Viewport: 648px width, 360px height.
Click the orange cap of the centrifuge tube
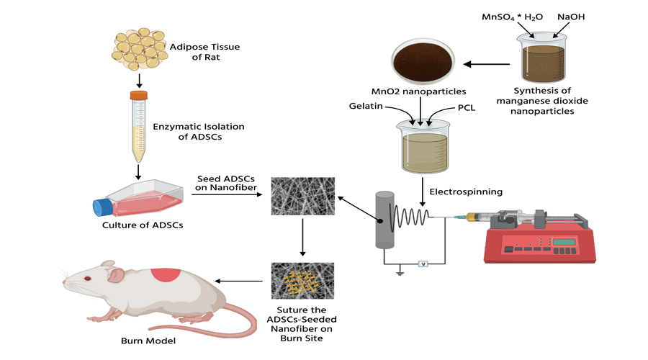point(138,95)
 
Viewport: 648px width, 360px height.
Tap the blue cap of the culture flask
point(100,207)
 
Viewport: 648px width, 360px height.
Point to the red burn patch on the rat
point(166,274)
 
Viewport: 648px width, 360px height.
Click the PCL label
point(467,108)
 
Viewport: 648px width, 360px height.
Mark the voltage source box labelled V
point(424,264)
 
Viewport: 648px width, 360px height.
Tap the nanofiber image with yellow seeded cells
point(303,280)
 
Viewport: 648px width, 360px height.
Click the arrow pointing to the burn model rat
point(240,281)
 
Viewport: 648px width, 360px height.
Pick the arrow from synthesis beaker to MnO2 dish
point(487,64)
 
